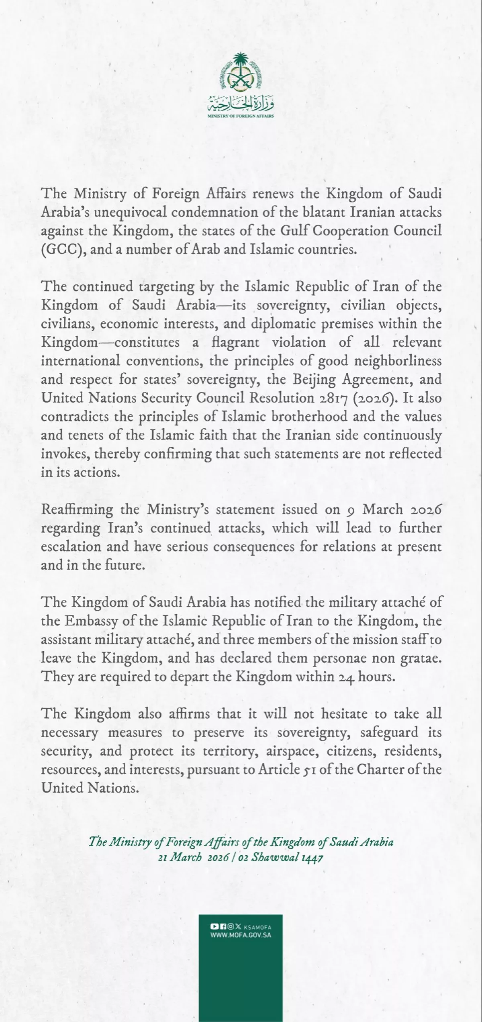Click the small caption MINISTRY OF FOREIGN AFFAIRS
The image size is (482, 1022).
(241, 116)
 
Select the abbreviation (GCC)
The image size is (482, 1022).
(61, 249)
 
